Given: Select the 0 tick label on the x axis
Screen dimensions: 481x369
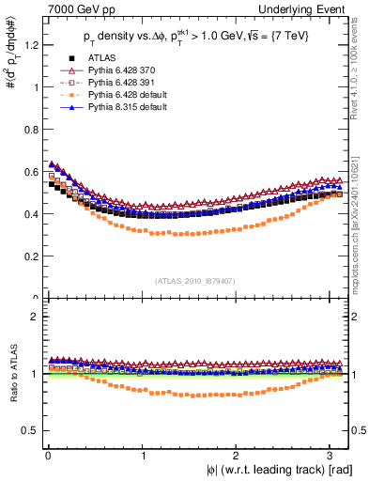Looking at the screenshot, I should (46, 456).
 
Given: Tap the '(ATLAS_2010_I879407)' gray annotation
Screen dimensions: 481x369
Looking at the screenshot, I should (195, 280).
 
